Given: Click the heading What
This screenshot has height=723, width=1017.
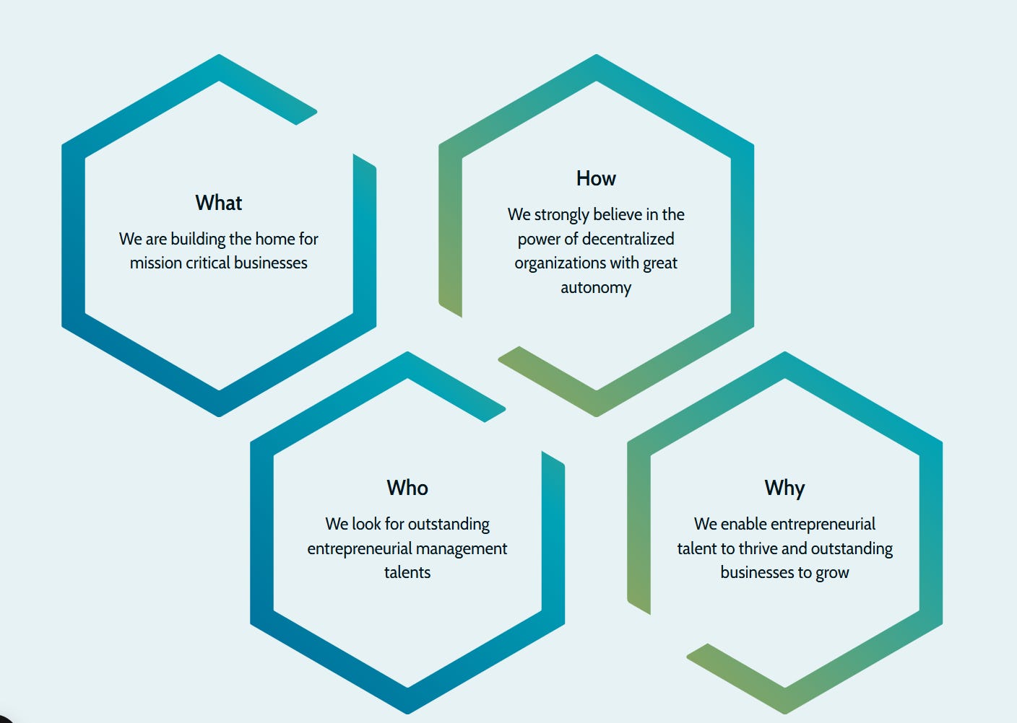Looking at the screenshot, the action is [x=218, y=203].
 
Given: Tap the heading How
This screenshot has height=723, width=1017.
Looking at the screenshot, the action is [x=596, y=178].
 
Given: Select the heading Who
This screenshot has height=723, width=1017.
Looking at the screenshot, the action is [x=407, y=488].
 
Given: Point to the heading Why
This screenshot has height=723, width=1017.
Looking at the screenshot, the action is [x=784, y=488].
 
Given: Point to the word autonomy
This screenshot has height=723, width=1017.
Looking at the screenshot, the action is [x=596, y=288].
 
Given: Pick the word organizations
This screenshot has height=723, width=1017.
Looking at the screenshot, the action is [x=560, y=263].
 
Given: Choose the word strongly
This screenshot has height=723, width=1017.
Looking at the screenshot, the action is [x=562, y=215].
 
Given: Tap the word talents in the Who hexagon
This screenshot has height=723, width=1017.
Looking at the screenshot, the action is [x=407, y=573].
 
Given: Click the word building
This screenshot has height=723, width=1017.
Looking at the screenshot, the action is [x=198, y=239].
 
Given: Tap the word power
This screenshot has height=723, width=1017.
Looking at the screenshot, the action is [x=539, y=240].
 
